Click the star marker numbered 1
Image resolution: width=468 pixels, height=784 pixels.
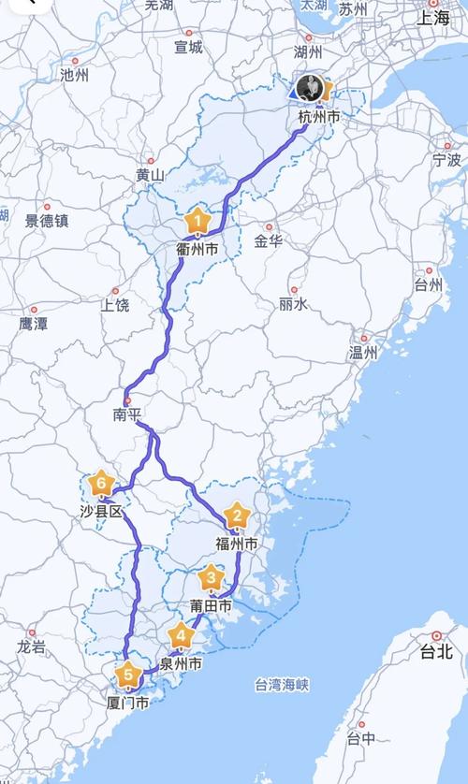[197, 222]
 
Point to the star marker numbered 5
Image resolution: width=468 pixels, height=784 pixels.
[127, 675]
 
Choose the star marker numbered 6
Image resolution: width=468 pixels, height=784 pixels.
[102, 485]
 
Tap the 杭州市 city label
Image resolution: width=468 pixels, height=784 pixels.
[318, 117]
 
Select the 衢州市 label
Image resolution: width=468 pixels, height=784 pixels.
[197, 250]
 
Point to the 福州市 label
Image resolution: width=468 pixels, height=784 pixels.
[237, 544]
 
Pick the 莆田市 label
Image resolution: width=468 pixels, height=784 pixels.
[212, 606]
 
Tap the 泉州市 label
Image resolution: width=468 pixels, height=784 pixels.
[181, 664]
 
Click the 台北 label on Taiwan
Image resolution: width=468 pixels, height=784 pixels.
[435, 650]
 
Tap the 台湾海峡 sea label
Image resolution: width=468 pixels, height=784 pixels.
[281, 686]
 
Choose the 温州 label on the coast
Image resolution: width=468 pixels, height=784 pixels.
[363, 353]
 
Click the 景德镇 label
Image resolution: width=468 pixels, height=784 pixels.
[47, 221]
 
